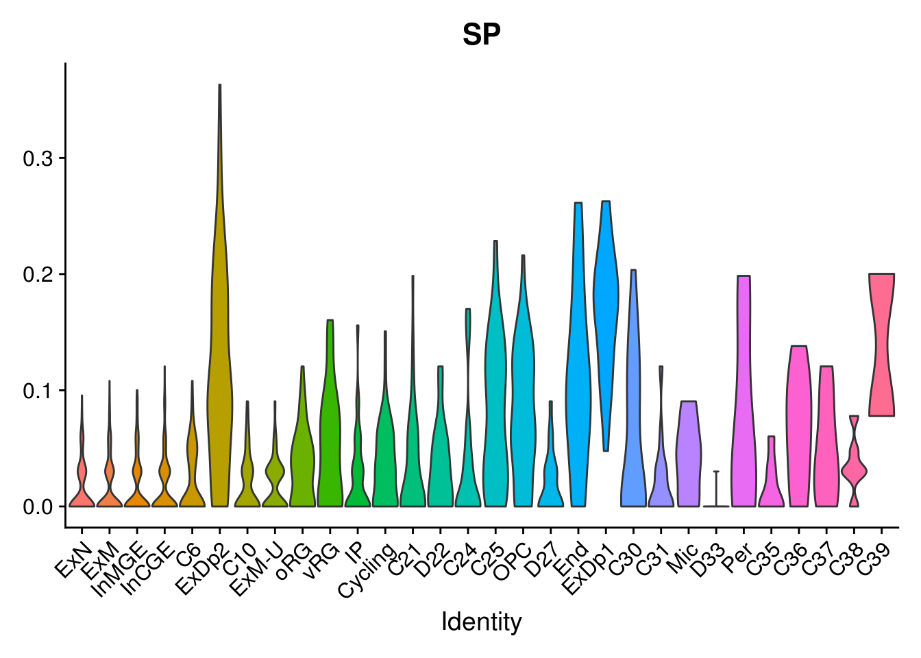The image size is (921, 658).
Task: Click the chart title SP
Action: point(481,35)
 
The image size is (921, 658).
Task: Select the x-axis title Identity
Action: point(481,622)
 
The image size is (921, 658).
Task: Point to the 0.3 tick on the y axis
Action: point(38,158)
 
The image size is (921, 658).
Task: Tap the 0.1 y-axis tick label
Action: point(38,391)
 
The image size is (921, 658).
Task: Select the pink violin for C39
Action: point(881,343)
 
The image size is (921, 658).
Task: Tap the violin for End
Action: point(578,384)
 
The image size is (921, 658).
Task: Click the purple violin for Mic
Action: point(689,452)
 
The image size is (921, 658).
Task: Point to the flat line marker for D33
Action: point(716,505)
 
